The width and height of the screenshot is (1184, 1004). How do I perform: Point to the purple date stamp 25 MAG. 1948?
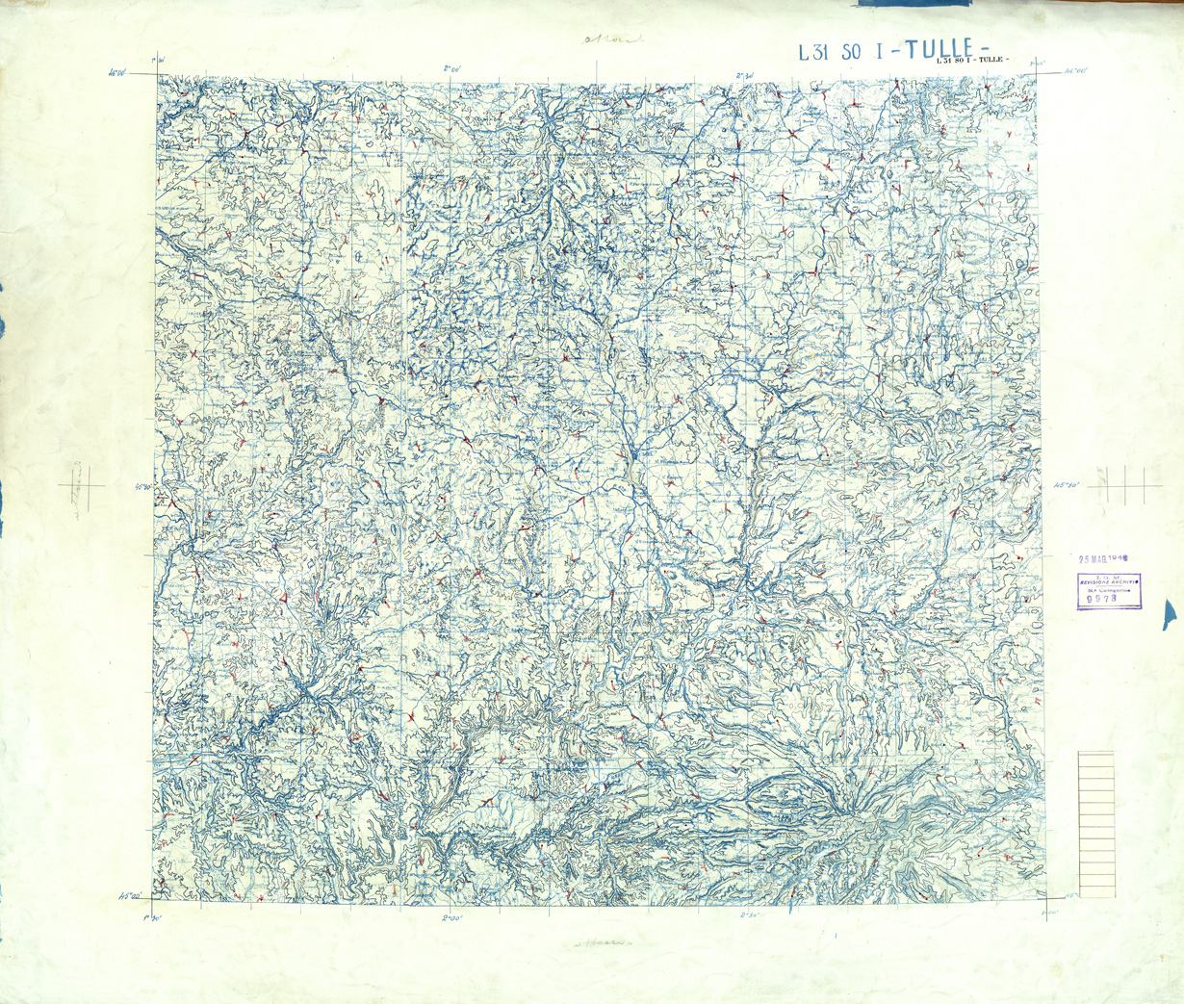(x=1102, y=558)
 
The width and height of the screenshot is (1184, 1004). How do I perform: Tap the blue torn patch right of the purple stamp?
(x=1170, y=612)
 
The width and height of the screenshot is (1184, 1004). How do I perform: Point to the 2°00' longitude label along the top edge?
(x=453, y=68)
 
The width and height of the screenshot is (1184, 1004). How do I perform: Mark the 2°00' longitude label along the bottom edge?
(x=452, y=918)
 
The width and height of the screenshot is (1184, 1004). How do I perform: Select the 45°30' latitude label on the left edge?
(x=143, y=487)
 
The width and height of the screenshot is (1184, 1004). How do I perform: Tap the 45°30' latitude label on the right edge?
(x=1067, y=485)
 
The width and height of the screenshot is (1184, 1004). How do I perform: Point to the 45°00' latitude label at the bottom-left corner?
(x=130, y=896)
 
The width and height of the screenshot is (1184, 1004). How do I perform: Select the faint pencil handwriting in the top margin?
(x=611, y=40)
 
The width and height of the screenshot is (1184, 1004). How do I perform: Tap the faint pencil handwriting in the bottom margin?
(x=602, y=942)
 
